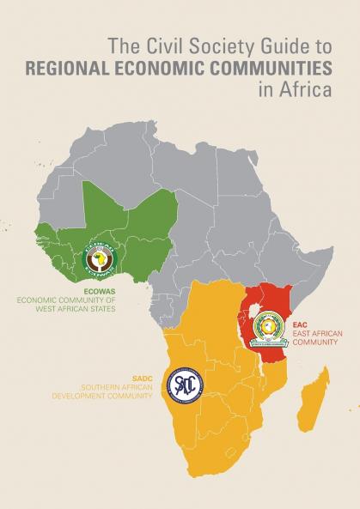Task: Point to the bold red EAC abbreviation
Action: [x=299, y=325]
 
